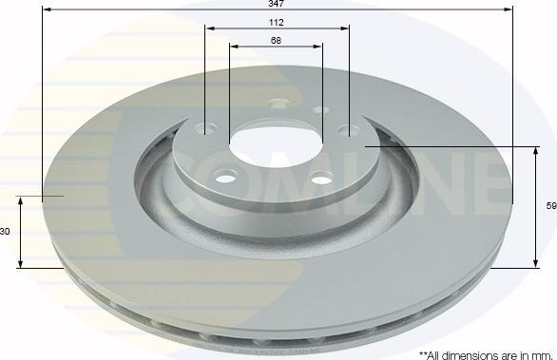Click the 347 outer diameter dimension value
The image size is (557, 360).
pyautogui.click(x=276, y=4)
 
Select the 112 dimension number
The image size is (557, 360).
pyautogui.click(x=276, y=23)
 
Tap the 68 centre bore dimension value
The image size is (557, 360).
pyautogui.click(x=276, y=41)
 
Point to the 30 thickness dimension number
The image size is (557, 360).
pyautogui.click(x=5, y=232)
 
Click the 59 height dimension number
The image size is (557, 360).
pyautogui.click(x=551, y=206)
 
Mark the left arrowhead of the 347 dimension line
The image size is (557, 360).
pyautogui.click(x=47, y=9)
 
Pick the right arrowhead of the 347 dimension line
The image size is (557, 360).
pyautogui.click(x=509, y=9)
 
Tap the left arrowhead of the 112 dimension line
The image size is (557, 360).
pyautogui.click(x=209, y=28)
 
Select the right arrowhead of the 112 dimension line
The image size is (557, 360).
pyautogui.click(x=345, y=28)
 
